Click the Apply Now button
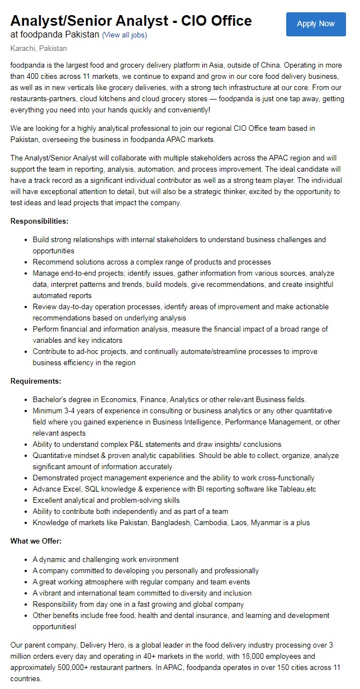pyautogui.click(x=315, y=24)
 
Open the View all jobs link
pyautogui.click(x=124, y=35)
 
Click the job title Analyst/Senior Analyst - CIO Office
pyautogui.click(x=131, y=21)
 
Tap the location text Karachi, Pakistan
pyautogui.click(x=38, y=49)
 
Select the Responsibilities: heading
pyautogui.click(x=40, y=221)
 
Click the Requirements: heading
pyautogui.click(x=36, y=381)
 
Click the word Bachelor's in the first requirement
pyautogui.click(x=51, y=399)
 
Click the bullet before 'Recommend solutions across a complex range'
pyautogui.click(x=27, y=262)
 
